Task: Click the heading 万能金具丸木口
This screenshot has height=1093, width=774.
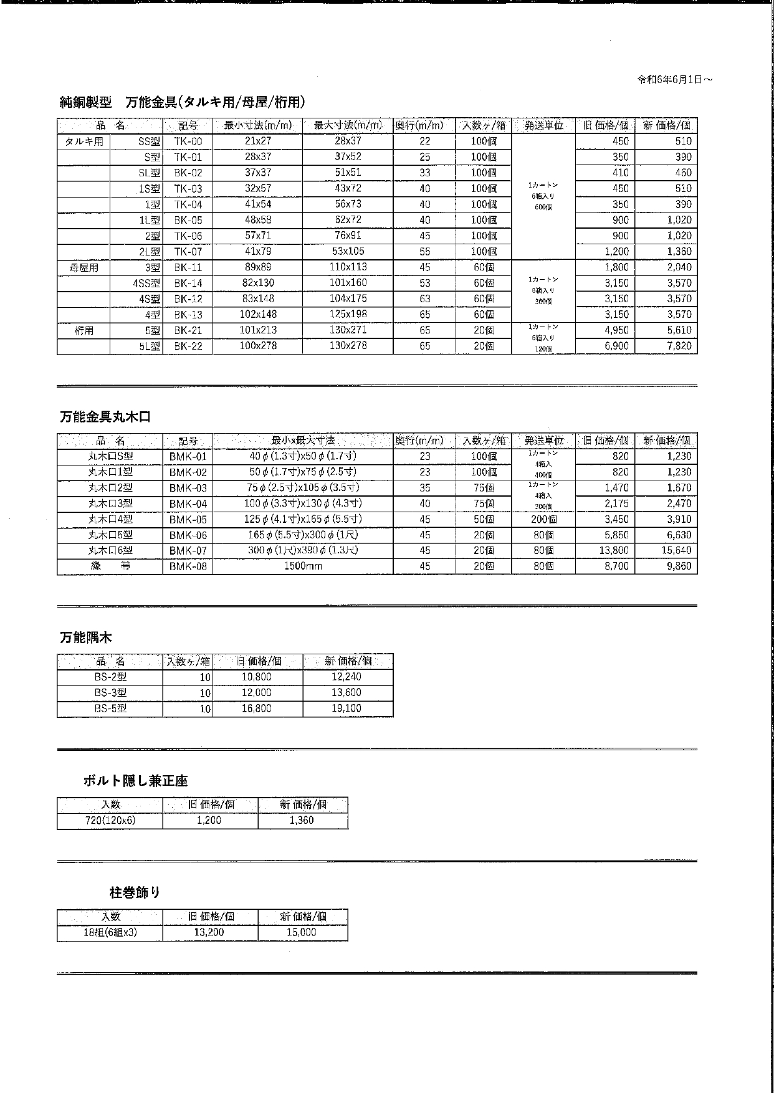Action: pos(105,418)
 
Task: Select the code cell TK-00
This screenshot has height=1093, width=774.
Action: pos(188,141)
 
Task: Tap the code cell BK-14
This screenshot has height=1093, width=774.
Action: pos(188,283)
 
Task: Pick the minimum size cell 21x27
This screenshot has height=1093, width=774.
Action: pos(258,141)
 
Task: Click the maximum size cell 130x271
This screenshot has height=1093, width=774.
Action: pos(348,330)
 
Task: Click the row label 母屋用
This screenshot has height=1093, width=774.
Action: pos(84,267)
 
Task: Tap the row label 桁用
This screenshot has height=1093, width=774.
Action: pos(84,331)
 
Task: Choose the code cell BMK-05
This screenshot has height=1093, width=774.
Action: pos(188,520)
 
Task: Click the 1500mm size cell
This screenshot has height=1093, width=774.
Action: pos(303,566)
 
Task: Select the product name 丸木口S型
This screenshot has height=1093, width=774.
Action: pos(110,456)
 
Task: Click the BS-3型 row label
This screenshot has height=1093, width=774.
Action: pos(110,692)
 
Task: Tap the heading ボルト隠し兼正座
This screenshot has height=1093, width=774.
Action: pos(135,781)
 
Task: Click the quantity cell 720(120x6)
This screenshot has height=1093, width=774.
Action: pos(110,821)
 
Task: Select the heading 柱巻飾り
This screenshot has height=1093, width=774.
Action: pos(135,893)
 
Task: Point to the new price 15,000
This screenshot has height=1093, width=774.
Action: pos(302,933)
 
